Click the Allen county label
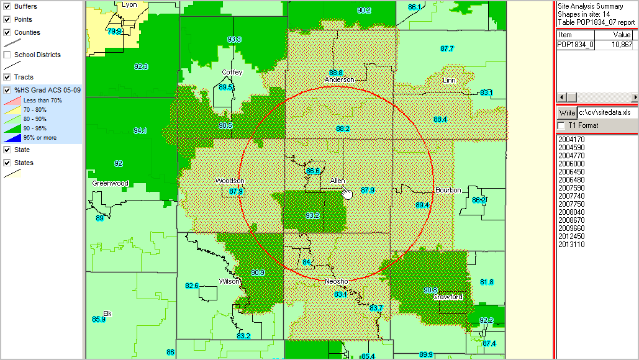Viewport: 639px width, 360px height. pyautogui.click(x=337, y=181)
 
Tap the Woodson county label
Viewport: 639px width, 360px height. pyautogui.click(x=230, y=181)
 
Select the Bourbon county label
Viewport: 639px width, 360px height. pyautogui.click(x=448, y=189)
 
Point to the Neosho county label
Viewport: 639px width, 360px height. pyautogui.click(x=337, y=281)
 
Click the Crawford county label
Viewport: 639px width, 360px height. pyautogui.click(x=448, y=297)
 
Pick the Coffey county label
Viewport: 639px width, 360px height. pyautogui.click(x=232, y=72)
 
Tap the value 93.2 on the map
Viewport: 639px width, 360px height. pyautogui.click(x=312, y=215)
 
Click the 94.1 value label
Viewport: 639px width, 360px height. pyautogui.click(x=140, y=130)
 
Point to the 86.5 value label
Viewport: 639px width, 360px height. pyautogui.click(x=313, y=171)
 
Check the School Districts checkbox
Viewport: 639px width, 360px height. pyautogui.click(x=7, y=55)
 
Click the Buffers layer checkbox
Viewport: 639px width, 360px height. pyautogui.click(x=7, y=6)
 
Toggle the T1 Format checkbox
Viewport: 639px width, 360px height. pyautogui.click(x=561, y=125)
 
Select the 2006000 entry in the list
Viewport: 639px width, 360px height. pyautogui.click(x=571, y=164)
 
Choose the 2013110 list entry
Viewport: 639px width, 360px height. pyautogui.click(x=571, y=245)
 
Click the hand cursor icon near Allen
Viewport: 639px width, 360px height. pyautogui.click(x=347, y=194)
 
